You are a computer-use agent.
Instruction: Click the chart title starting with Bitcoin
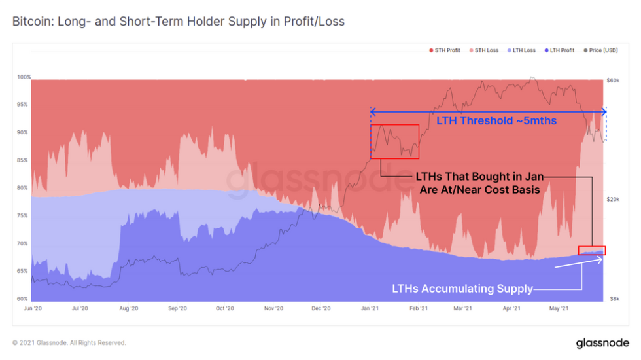point(178,22)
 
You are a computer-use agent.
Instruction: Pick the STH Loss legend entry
point(484,50)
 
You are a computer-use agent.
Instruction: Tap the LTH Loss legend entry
point(522,50)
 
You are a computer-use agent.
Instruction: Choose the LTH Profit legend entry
point(562,50)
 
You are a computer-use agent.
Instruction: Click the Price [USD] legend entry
point(602,50)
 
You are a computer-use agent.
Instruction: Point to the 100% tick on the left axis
point(24,77)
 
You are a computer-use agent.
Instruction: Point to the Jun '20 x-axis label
point(32,308)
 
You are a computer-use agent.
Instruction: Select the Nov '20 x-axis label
point(274,308)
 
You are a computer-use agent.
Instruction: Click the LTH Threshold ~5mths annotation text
point(487,120)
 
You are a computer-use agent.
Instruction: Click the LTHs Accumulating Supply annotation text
point(462,288)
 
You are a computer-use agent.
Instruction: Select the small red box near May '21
point(592,250)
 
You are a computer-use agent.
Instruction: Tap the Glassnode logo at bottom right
point(602,342)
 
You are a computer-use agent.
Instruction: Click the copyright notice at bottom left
point(69,342)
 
